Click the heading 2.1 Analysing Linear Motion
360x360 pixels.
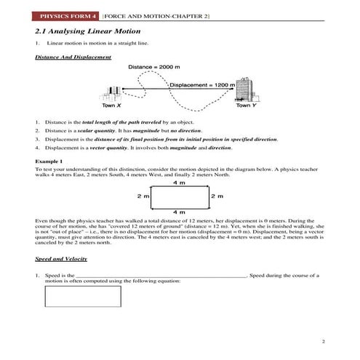87,33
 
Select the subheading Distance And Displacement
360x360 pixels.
73,57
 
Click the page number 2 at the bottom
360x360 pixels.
321,340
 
